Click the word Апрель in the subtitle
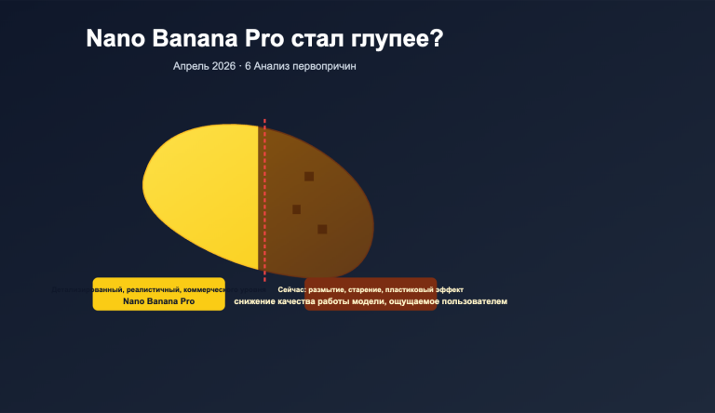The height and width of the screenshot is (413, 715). coord(190,67)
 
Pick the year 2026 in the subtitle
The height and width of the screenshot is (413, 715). coord(223,67)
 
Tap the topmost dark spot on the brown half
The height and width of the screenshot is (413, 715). coord(309,177)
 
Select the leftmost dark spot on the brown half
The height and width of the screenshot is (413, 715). coord(296,209)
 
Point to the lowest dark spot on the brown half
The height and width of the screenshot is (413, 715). coord(322,229)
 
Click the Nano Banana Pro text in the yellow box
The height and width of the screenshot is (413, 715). coord(158,301)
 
